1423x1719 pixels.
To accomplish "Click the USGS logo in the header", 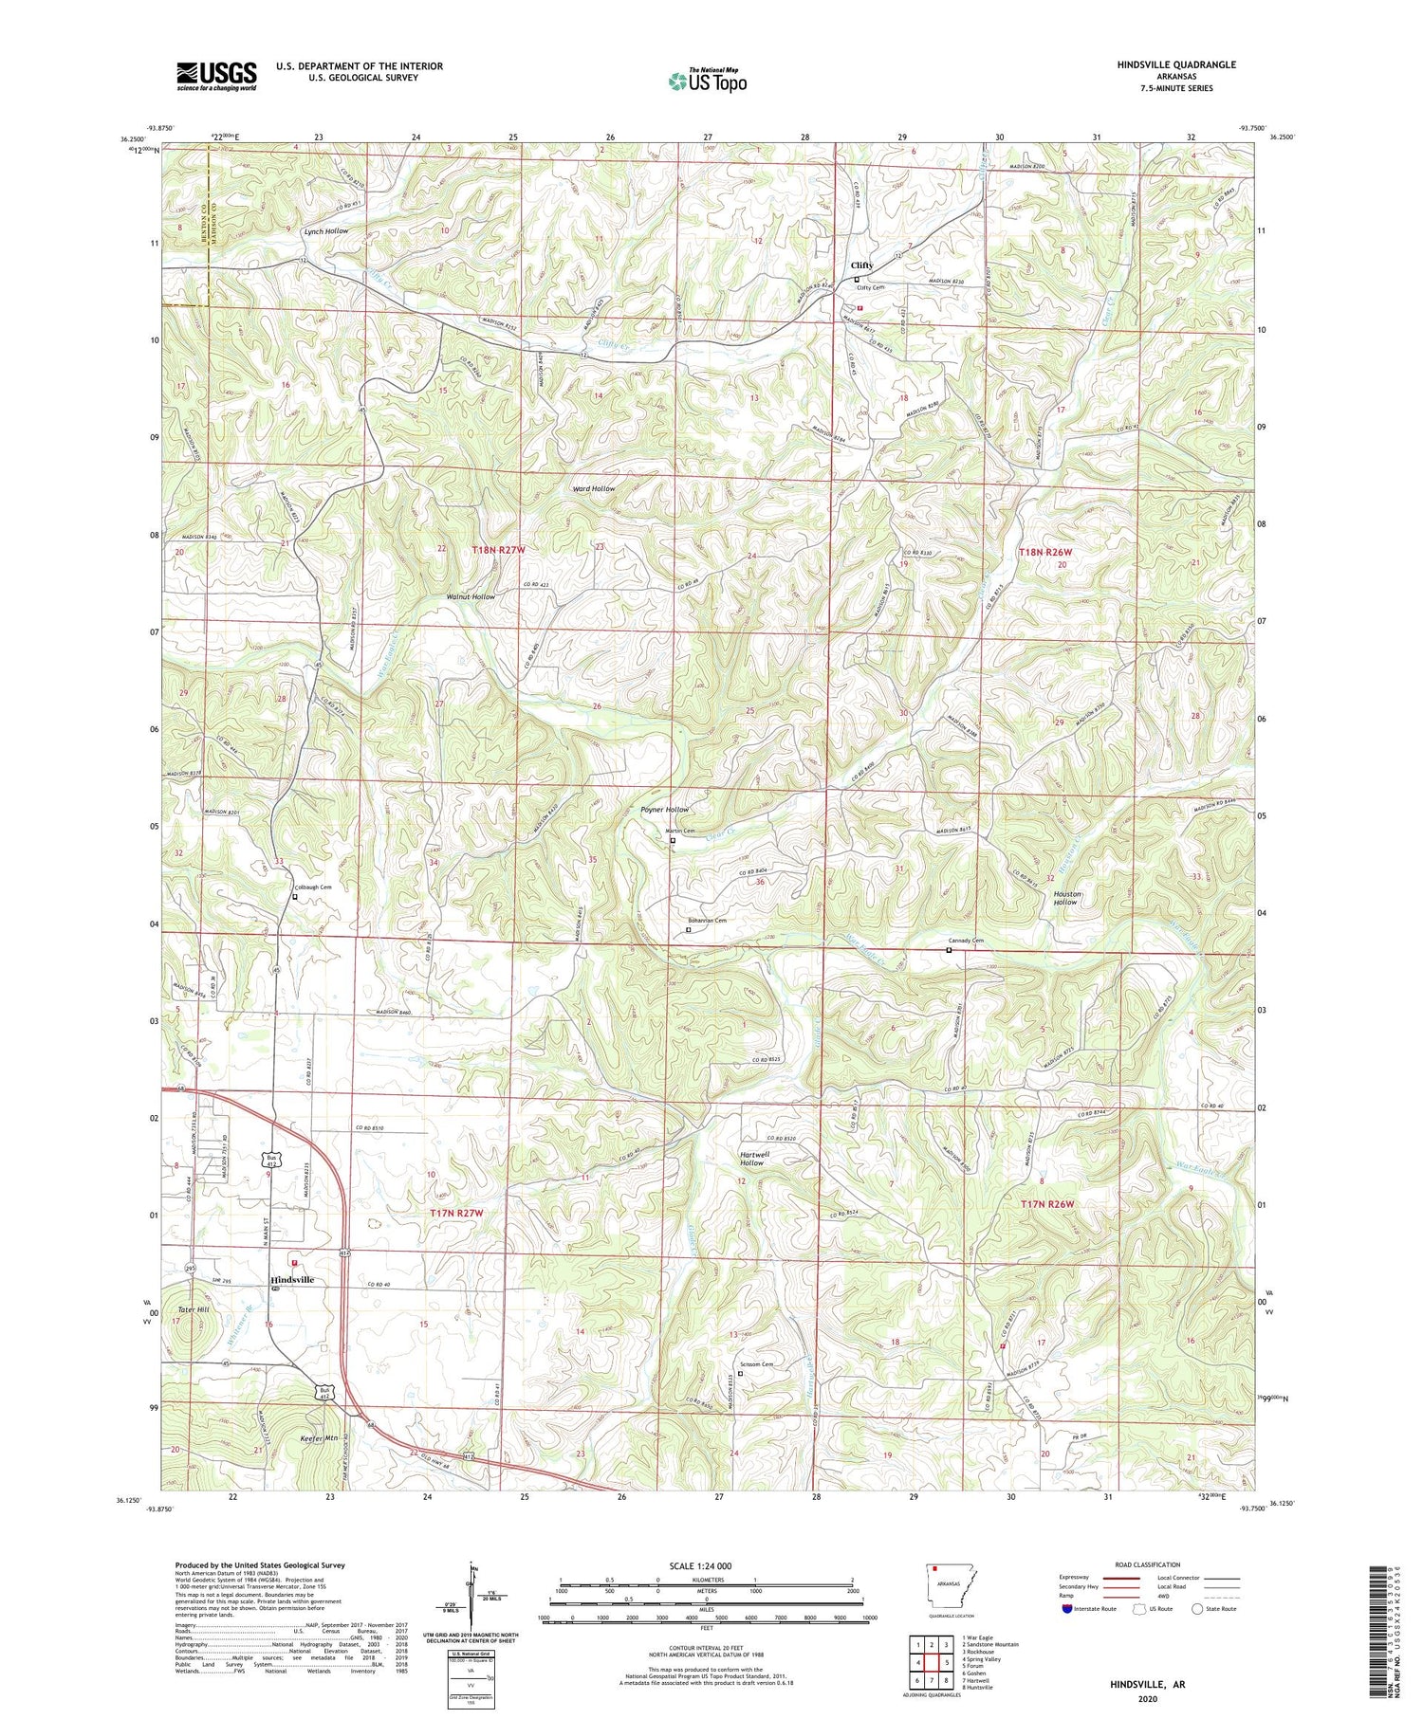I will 216,76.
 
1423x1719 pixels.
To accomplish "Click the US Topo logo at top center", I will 707,82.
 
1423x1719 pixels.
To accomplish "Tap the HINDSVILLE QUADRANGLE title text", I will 1176,64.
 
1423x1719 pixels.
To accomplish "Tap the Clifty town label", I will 861,265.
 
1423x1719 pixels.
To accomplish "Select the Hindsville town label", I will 292,1279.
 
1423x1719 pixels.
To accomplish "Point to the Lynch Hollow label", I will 325,231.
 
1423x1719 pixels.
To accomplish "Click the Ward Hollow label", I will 594,488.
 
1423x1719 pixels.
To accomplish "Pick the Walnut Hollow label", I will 471,596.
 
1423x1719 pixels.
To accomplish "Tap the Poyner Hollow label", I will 664,810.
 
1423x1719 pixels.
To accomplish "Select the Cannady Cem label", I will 966,941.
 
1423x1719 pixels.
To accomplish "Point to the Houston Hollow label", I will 1066,898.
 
